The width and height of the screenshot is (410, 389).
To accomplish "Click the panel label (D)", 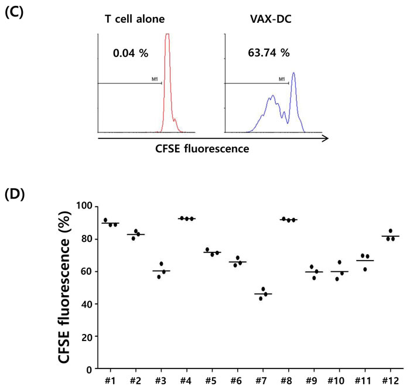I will [x=14, y=194].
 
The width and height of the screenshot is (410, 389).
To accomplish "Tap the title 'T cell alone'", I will [x=133, y=19].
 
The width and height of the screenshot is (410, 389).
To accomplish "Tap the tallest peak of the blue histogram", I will [x=294, y=73].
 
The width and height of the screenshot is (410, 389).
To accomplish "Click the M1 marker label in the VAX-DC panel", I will [x=282, y=79].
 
